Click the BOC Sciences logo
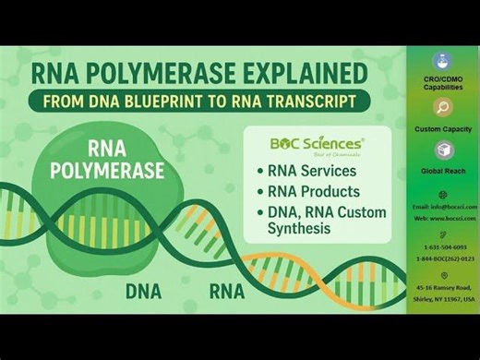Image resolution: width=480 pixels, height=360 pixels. [317, 144]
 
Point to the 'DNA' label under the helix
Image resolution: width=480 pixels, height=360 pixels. [143, 293]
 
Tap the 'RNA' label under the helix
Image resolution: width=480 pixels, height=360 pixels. [226, 293]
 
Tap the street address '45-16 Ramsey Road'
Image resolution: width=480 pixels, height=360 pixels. [444, 288]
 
